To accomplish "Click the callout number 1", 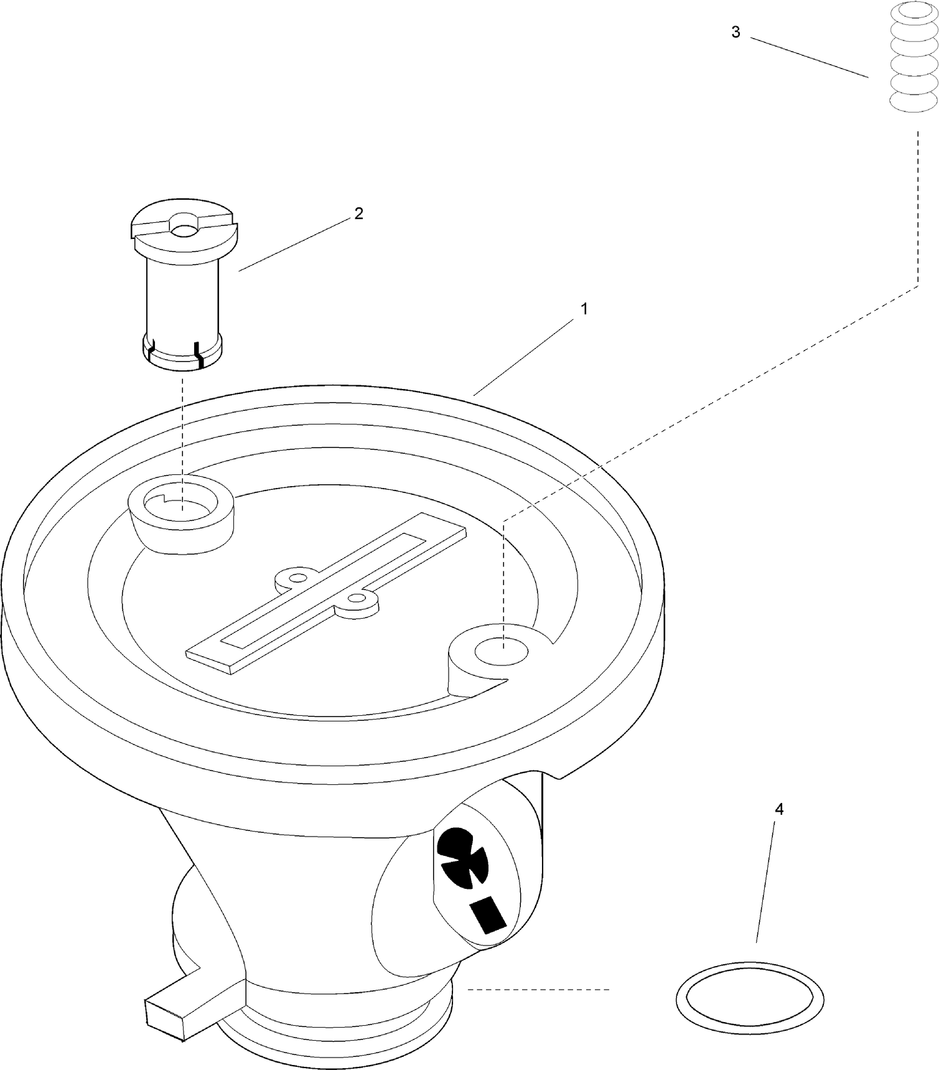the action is coord(584,308).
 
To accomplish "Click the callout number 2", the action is coord(358,214).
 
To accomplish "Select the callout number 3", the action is coord(736,32).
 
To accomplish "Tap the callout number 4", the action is coord(779,809).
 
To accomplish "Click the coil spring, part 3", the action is coord(913,58).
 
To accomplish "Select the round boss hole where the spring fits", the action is coord(502,652).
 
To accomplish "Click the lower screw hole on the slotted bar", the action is coord(357,598).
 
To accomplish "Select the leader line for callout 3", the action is coord(809,57).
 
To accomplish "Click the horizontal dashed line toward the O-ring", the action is coord(539,988).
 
